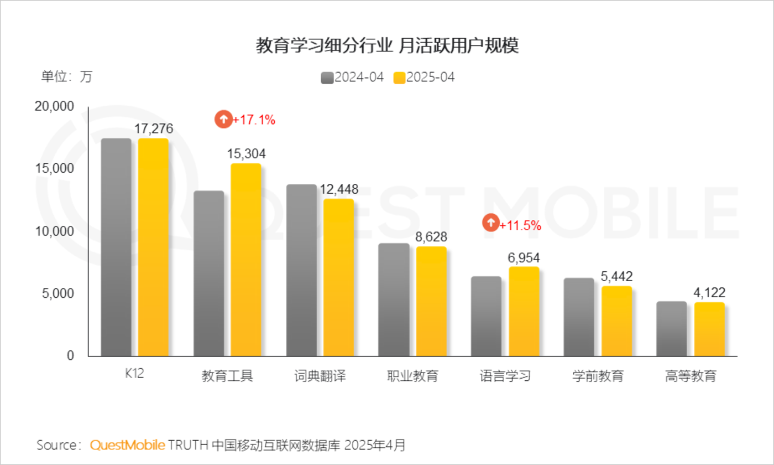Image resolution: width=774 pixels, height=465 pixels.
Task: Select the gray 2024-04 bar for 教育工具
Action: tap(209, 273)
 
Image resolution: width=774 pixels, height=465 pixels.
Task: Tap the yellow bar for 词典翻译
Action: tap(338, 277)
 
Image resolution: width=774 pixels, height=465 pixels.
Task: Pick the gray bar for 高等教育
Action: tap(672, 329)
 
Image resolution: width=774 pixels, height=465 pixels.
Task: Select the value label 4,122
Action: tap(710, 293)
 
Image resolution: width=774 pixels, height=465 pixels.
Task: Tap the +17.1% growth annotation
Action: tap(254, 120)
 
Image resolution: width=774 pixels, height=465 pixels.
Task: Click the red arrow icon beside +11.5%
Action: tap(490, 223)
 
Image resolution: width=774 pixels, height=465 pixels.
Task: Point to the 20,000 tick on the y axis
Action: tap(54, 107)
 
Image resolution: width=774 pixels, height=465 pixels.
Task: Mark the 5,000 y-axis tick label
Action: tap(58, 293)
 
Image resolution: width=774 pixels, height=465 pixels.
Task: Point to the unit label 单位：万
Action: tap(66, 77)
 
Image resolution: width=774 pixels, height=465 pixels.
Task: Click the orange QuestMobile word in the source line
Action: tap(127, 445)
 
